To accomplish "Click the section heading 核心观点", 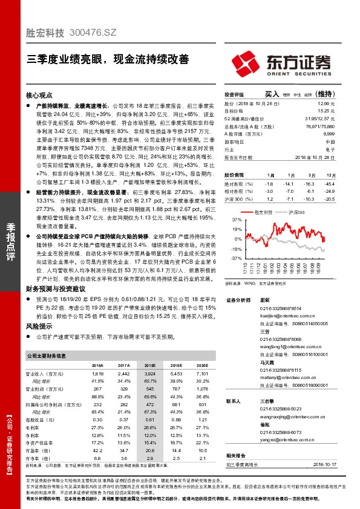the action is pos(39,96).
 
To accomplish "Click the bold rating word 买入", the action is pos(272,94).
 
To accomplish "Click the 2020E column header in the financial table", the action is pos(201,366).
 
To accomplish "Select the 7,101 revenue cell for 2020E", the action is pos(201,374).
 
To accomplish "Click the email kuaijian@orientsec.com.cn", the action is pos(286,316).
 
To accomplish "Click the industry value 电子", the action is pos(330,148).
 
